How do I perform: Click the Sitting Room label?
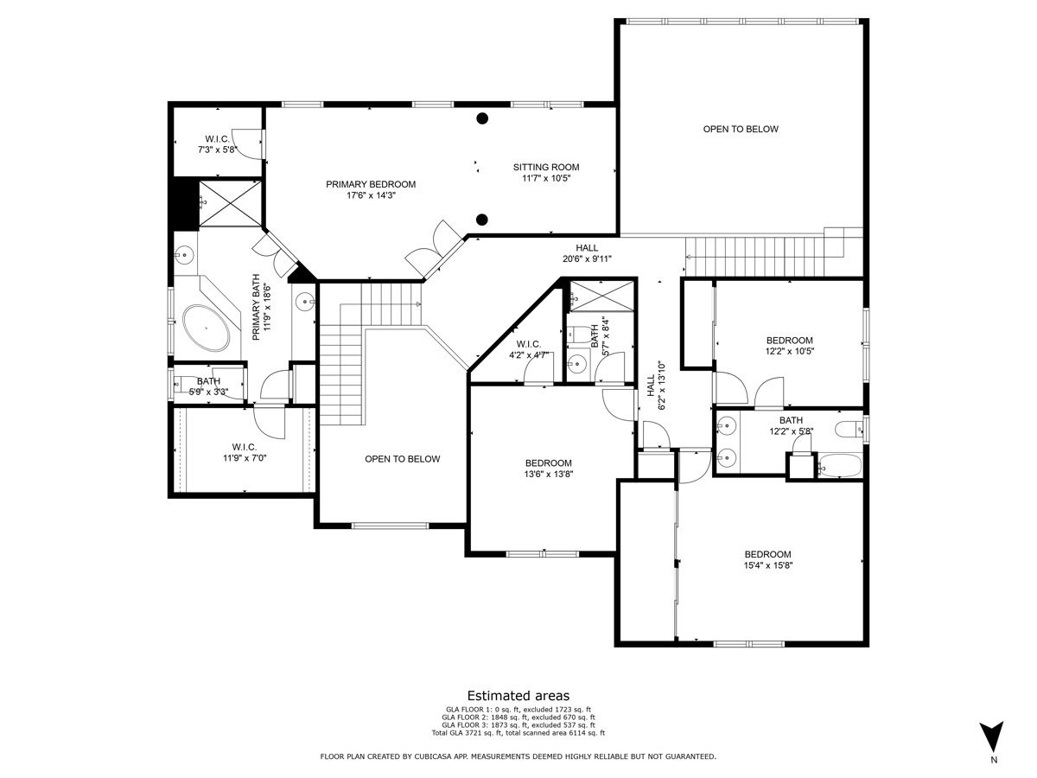546,167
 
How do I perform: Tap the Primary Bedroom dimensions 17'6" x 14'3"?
371,195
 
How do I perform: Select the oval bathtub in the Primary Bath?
206,328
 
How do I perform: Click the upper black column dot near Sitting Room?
482,118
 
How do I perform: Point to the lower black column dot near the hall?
482,220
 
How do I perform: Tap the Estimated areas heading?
518,696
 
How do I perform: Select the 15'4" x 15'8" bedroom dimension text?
767,565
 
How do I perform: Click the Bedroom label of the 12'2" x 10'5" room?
790,340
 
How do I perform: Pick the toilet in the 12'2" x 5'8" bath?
849,429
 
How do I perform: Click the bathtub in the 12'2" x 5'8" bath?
839,466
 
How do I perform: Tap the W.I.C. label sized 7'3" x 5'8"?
217,139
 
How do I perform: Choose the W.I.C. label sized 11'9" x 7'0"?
245,447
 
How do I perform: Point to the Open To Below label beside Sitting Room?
741,129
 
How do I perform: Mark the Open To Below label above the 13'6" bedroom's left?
402,459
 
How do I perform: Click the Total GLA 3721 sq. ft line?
518,733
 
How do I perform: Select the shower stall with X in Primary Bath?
230,204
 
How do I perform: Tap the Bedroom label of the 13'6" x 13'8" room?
549,463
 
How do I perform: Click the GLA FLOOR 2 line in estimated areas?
518,717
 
